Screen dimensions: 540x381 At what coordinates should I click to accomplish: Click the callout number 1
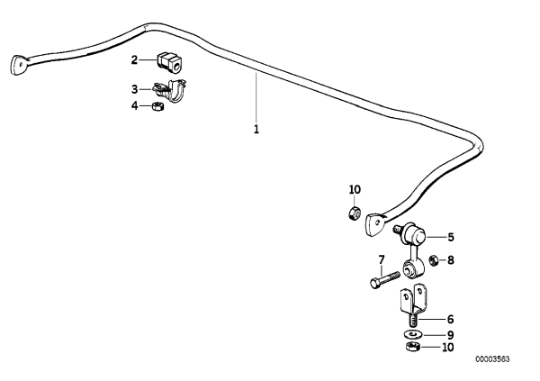[256, 130]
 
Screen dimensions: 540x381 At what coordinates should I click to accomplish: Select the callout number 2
[134, 60]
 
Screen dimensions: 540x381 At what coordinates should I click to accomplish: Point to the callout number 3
[134, 89]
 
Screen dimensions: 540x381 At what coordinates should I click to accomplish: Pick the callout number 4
[134, 105]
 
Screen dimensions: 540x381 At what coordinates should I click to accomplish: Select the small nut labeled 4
[157, 106]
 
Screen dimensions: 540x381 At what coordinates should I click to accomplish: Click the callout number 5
[451, 237]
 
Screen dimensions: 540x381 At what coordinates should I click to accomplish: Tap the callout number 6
[451, 319]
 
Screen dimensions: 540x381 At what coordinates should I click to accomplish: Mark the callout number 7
[382, 259]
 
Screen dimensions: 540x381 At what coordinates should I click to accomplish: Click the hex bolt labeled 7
[384, 279]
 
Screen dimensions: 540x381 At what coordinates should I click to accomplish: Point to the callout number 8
[451, 260]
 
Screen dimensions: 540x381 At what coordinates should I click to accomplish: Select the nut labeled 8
[433, 259]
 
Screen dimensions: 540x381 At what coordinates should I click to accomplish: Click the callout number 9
[451, 335]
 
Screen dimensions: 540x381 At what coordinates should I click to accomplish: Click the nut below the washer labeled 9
[411, 347]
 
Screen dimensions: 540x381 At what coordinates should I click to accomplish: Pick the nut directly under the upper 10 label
[355, 213]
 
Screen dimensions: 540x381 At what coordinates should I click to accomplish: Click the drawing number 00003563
[493, 359]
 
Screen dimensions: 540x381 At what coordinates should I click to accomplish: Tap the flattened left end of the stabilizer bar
[18, 65]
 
